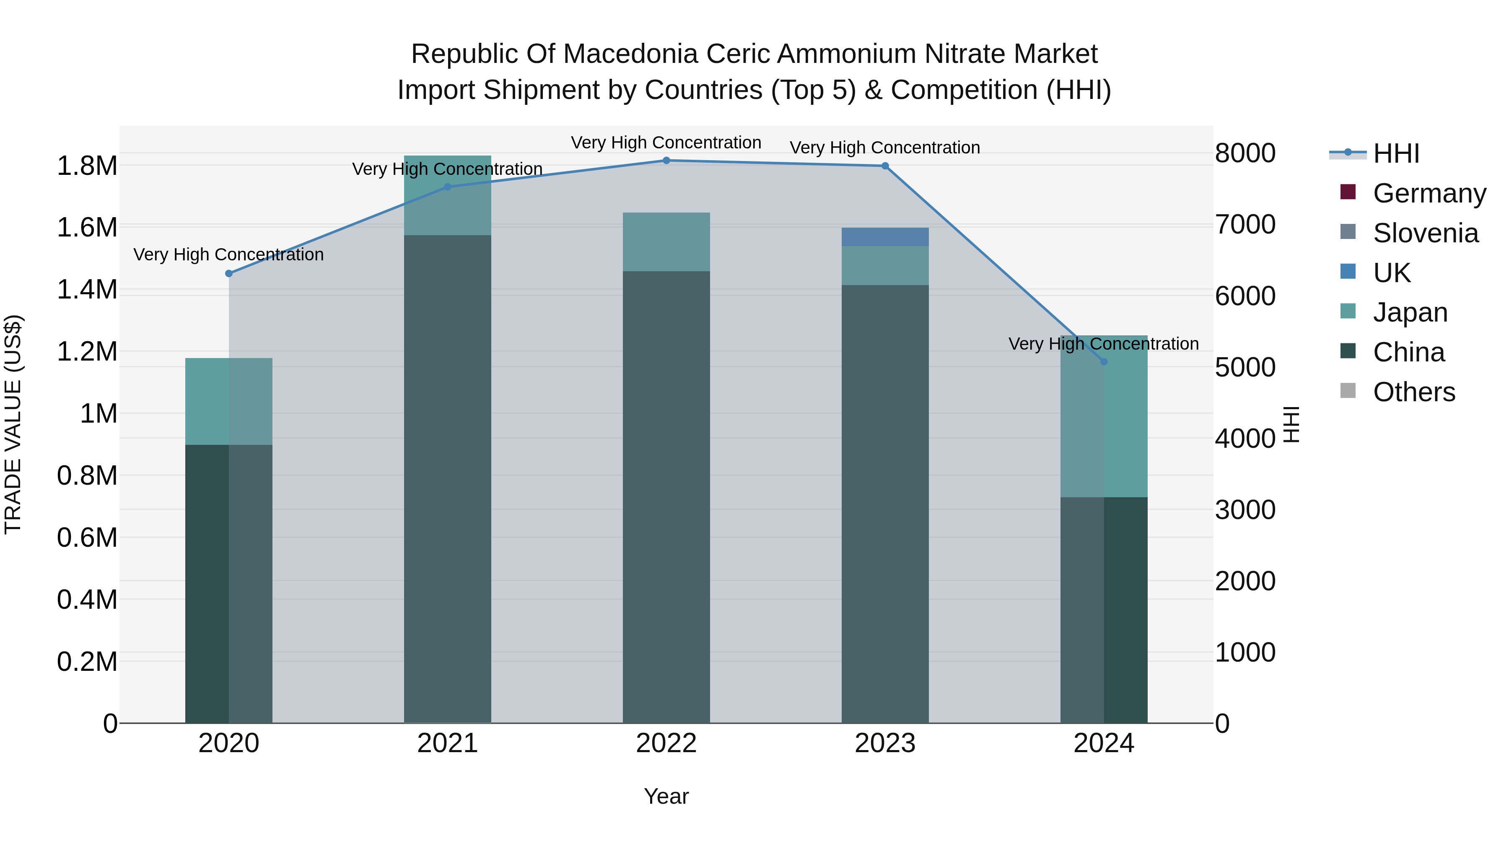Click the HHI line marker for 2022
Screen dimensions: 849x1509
click(666, 161)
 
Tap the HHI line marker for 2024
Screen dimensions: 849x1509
click(1104, 361)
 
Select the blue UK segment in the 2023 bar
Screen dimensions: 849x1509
click(884, 237)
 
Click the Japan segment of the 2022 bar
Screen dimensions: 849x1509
click(666, 241)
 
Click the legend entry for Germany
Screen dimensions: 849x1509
click(1429, 193)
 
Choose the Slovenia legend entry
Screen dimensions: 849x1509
click(1425, 233)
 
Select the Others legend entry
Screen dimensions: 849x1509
click(1413, 392)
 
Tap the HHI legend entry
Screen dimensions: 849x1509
click(1395, 153)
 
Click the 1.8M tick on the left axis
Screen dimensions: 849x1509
click(87, 166)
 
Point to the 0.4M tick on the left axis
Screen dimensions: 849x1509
click(87, 600)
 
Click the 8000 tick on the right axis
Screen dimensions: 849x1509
click(1245, 153)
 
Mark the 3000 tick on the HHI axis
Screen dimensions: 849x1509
click(1245, 510)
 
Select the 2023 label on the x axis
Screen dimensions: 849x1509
click(884, 743)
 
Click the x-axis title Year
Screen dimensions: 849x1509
click(666, 796)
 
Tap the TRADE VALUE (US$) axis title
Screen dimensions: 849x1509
click(13, 424)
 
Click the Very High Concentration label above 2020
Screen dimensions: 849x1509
click(228, 255)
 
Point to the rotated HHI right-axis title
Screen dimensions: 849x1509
click(1291, 424)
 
